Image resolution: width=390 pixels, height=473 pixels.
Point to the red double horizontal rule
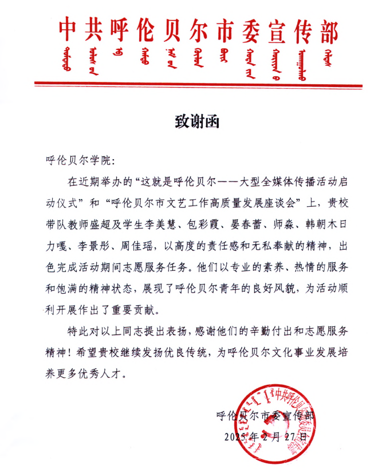198,85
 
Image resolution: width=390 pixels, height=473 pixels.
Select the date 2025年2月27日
267,436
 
